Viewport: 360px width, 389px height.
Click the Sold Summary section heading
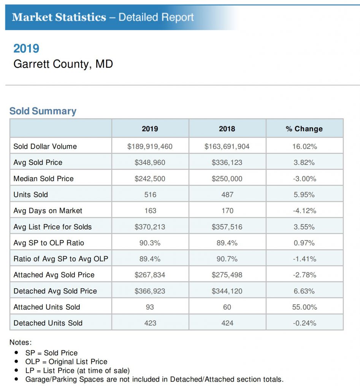pos(43,111)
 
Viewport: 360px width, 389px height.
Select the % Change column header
pos(304,129)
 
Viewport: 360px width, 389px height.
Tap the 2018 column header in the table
pos(227,129)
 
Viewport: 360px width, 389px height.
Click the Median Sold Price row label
pos(43,179)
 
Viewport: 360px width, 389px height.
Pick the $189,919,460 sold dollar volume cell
pos(150,146)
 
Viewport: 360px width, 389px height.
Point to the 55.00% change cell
pos(304,307)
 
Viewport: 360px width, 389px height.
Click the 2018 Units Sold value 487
pos(227,194)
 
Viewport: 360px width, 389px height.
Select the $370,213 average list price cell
pos(150,227)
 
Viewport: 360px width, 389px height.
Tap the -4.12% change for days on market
pos(304,210)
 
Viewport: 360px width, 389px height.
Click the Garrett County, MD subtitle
pos(63,64)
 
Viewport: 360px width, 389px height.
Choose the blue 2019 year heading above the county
pos(26,48)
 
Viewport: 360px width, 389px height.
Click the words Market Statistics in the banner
pos(59,17)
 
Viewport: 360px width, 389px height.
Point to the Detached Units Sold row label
pos(48,323)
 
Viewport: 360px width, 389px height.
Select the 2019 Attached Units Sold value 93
pos(150,307)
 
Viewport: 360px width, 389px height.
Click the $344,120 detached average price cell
pos(227,291)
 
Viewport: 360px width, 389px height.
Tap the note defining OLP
pos(66,362)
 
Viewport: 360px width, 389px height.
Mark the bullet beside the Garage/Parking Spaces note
pos(17,379)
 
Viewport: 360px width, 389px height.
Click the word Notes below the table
pos(21,342)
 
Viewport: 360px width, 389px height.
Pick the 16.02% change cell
pos(304,146)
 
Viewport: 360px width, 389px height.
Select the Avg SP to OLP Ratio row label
pos(49,243)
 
